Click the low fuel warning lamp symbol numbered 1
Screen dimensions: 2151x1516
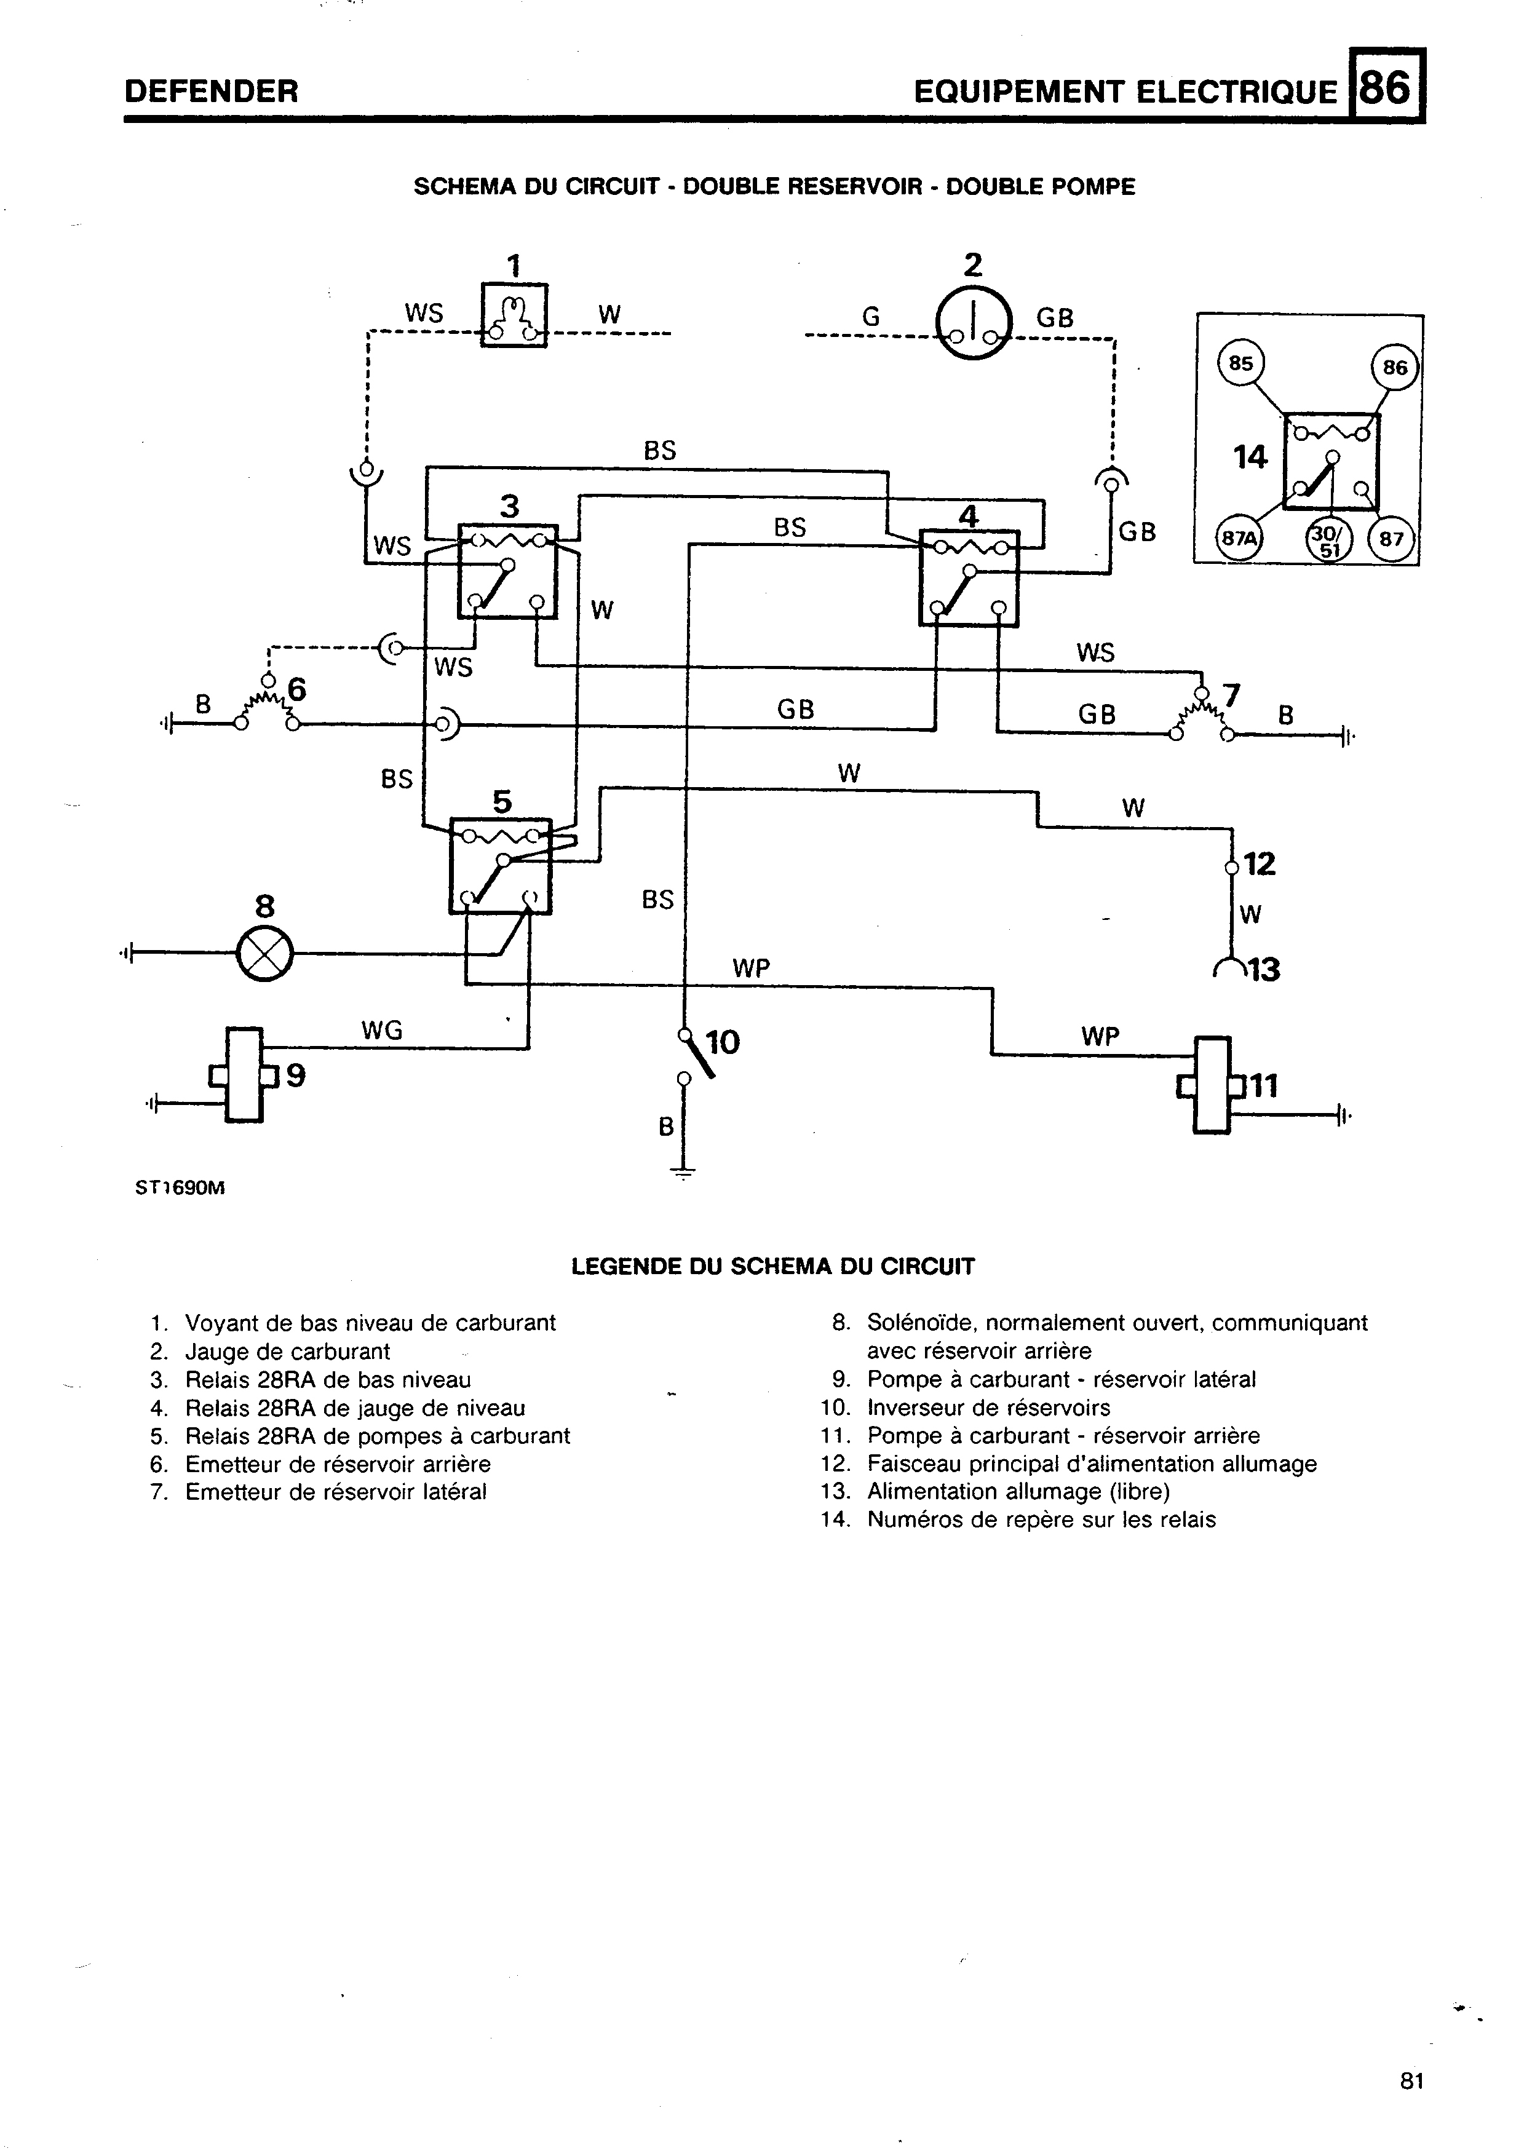[514, 315]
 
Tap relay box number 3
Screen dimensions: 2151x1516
[507, 571]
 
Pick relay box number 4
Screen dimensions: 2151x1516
[969, 578]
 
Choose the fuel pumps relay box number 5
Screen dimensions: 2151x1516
[501, 866]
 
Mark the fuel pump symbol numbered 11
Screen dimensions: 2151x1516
[1212, 1085]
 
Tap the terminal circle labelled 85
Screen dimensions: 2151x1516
[1240, 363]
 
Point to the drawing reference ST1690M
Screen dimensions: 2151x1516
[181, 1188]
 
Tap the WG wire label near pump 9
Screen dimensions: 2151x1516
[383, 1031]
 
